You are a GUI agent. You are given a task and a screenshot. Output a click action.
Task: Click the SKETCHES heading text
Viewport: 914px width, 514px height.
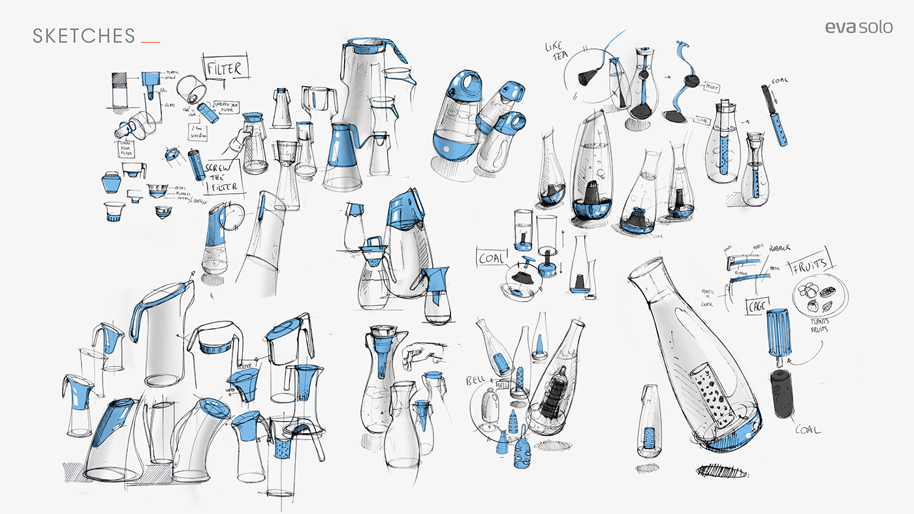pyautogui.click(x=84, y=36)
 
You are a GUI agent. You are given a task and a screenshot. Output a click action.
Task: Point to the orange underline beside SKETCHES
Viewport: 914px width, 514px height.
pyautogui.click(x=151, y=42)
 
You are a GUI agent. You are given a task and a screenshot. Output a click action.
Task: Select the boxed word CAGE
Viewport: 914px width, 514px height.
pyautogui.click(x=758, y=306)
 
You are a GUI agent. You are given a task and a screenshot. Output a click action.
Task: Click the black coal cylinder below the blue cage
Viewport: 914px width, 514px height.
pyautogui.click(x=781, y=393)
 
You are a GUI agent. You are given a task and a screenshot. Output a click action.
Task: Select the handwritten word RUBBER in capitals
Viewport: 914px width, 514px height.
pyautogui.click(x=780, y=249)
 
